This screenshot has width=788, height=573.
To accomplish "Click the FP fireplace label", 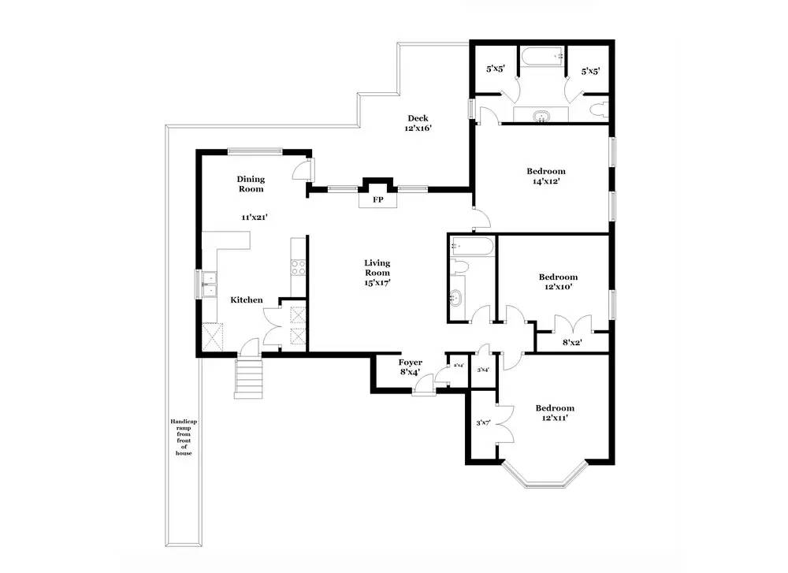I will [x=377, y=200].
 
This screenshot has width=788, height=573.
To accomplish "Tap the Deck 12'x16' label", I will [x=418, y=123].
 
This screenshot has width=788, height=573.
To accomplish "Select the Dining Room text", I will [x=251, y=184].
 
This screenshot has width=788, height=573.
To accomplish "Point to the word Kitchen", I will [x=246, y=300].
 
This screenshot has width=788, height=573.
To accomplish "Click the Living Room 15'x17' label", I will [x=377, y=272].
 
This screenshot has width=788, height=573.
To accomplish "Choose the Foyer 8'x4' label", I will [x=411, y=366].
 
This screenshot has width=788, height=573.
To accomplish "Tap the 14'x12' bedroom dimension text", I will [x=546, y=181].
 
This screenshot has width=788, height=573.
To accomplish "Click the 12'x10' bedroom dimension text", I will [x=558, y=287].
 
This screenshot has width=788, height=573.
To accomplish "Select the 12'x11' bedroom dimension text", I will [x=555, y=418].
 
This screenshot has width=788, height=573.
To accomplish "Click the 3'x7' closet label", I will [x=483, y=423].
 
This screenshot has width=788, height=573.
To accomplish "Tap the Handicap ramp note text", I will [x=184, y=437].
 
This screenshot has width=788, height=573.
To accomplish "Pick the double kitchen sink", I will [x=209, y=285].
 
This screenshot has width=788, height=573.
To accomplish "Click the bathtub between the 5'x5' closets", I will [x=542, y=56].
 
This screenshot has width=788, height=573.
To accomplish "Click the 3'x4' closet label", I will [x=483, y=370].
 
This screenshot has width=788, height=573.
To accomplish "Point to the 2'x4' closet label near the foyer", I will [x=458, y=366].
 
